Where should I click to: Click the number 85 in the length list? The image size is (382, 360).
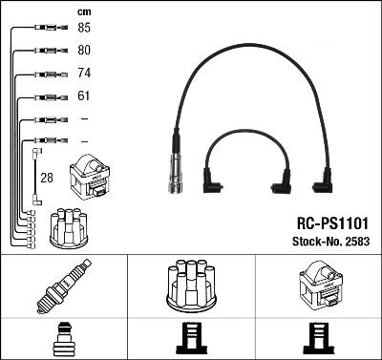pyautogui.click(x=84, y=28)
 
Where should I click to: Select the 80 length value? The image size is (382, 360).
pyautogui.click(x=84, y=50)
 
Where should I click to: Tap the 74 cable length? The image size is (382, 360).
pyautogui.click(x=84, y=73)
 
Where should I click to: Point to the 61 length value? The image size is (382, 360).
pyautogui.click(x=84, y=95)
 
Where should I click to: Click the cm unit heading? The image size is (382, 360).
pyautogui.click(x=83, y=11)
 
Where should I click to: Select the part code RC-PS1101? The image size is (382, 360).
pyautogui.click(x=330, y=221)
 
